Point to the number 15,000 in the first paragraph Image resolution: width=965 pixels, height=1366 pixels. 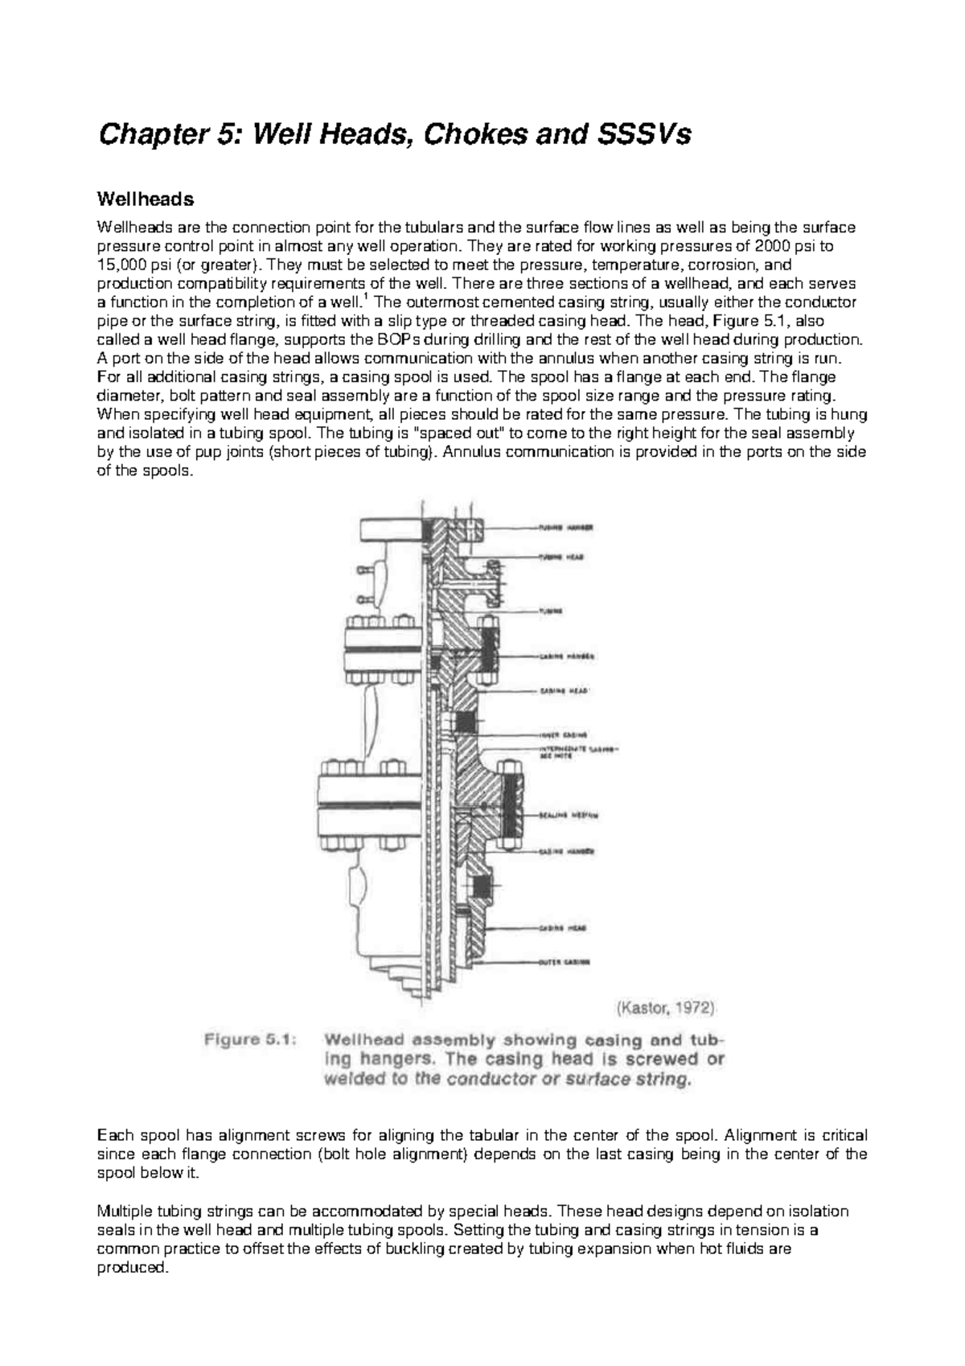point(118,265)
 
